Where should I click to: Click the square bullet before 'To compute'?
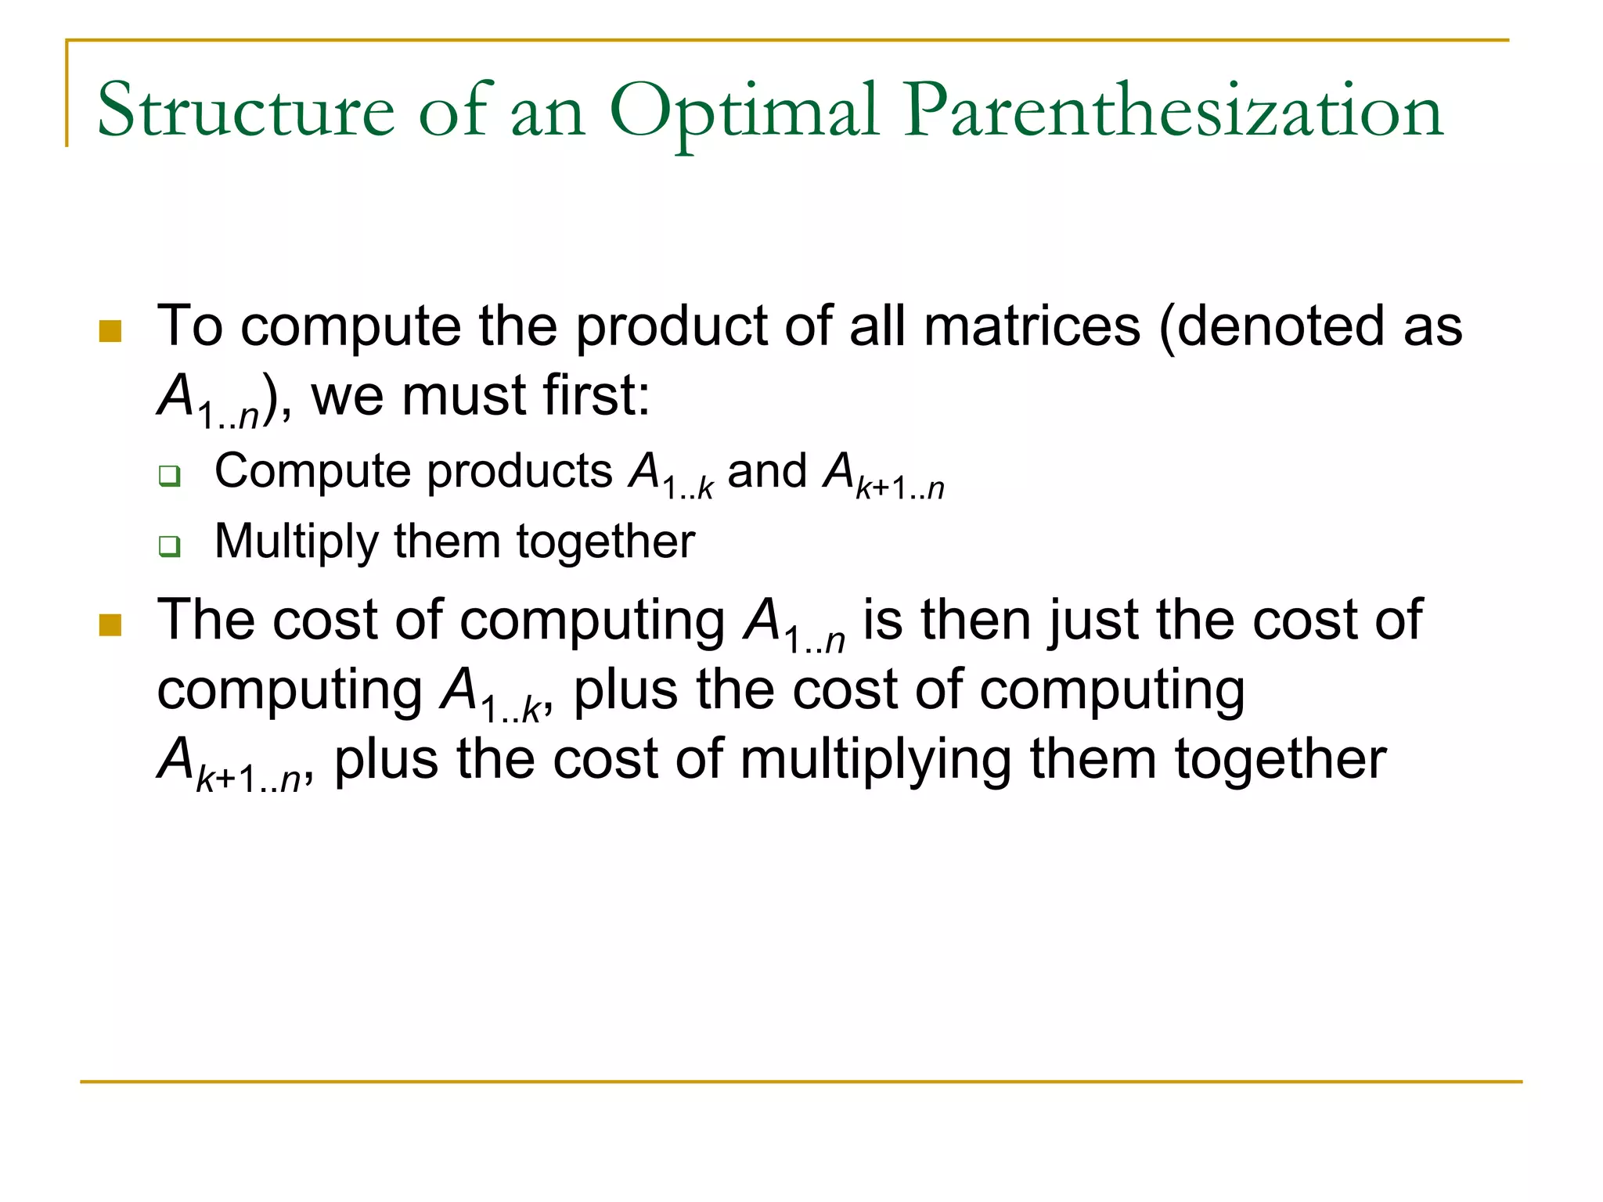[x=110, y=331]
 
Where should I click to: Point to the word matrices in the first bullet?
[x=1032, y=326]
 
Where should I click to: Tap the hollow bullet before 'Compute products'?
[x=169, y=475]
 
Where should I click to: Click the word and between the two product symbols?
[x=767, y=472]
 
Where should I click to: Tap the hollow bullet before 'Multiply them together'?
[x=169, y=545]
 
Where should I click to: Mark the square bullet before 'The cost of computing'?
[x=110, y=625]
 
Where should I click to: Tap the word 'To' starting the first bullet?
[x=190, y=326]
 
